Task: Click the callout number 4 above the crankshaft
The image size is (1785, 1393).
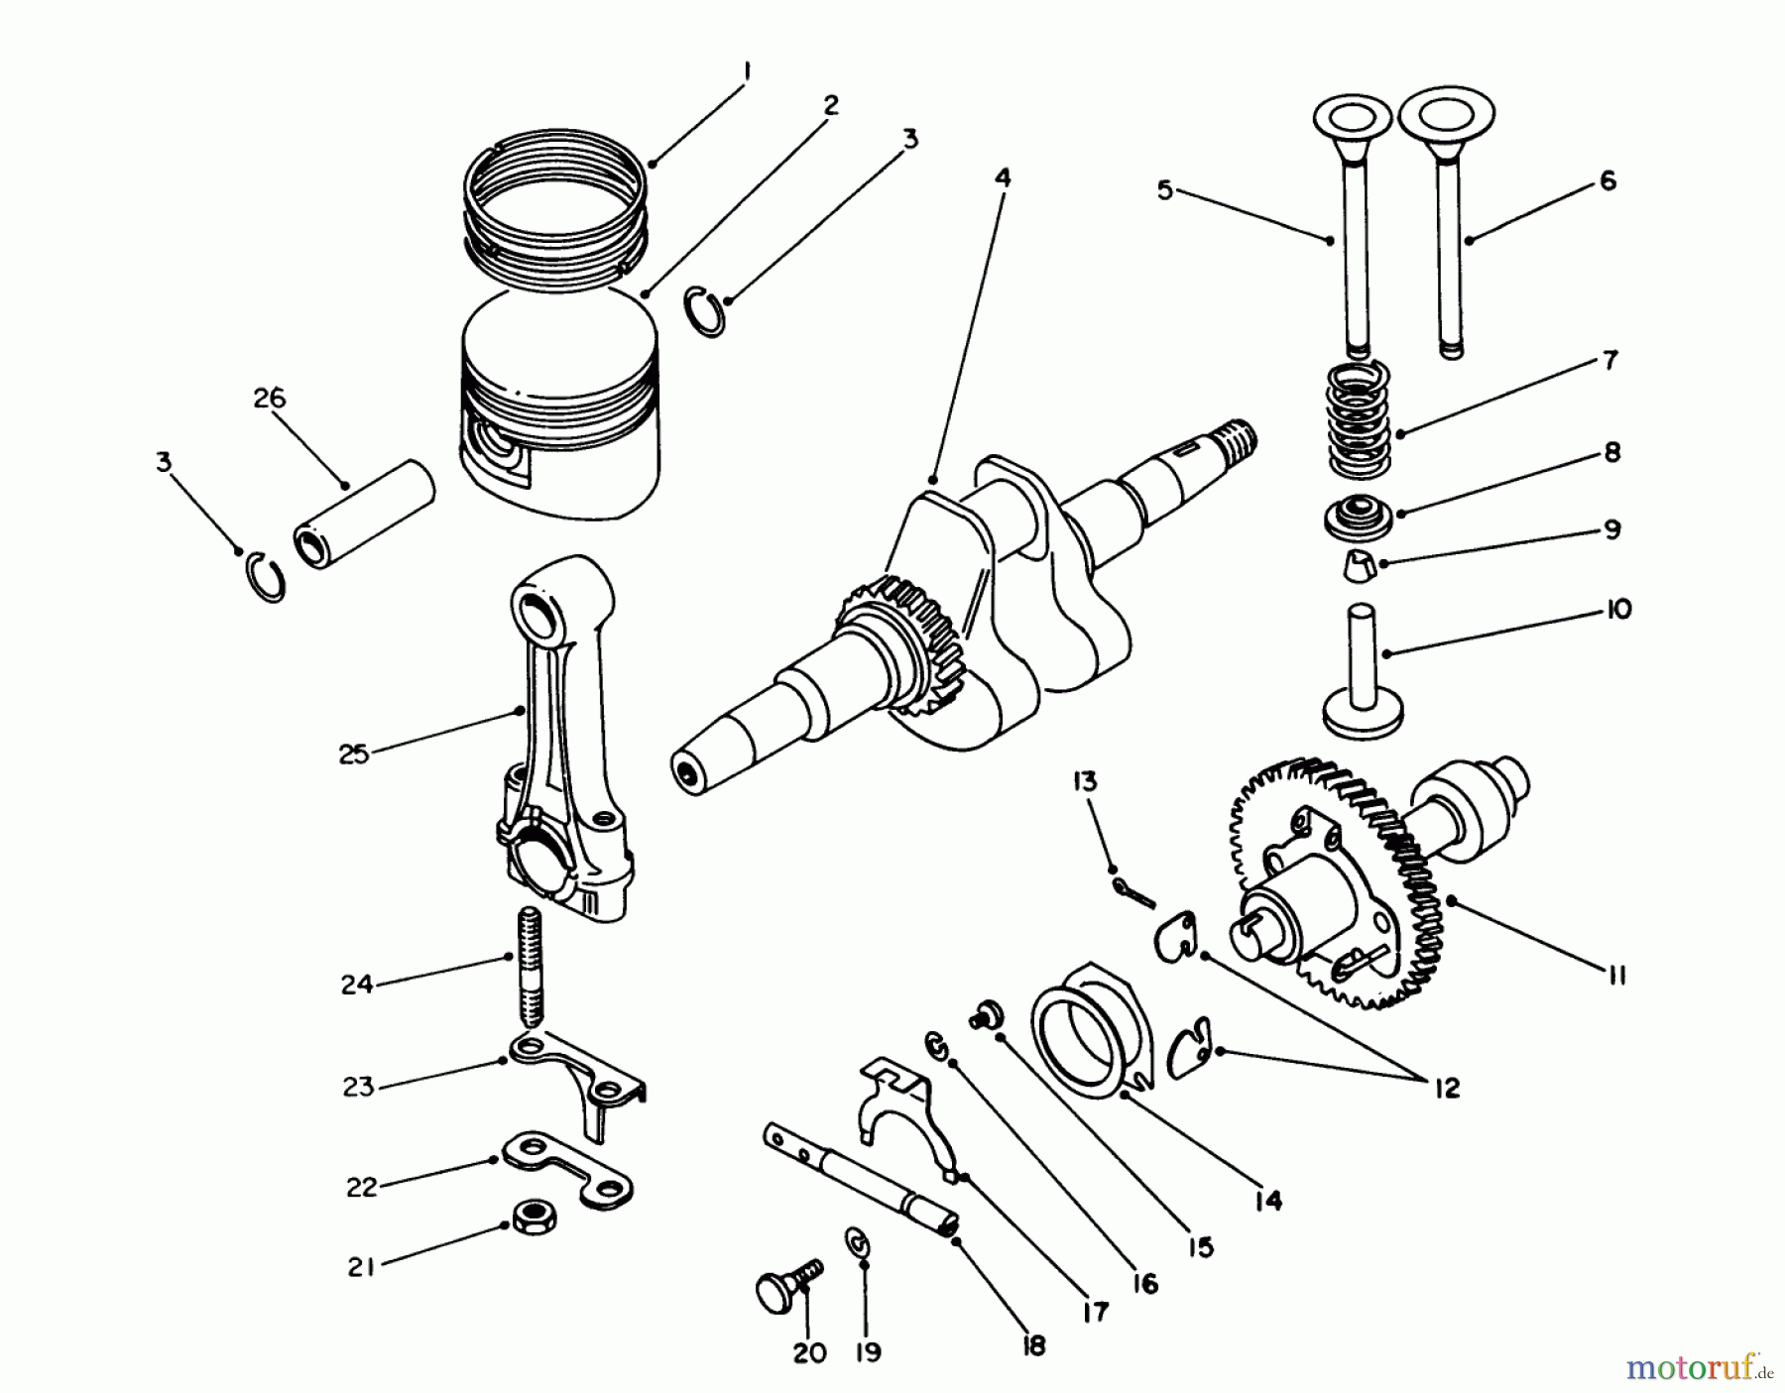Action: point(1003,178)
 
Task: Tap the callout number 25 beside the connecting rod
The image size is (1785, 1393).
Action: point(353,755)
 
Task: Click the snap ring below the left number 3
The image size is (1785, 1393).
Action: point(265,579)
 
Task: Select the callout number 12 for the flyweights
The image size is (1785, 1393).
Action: point(1447,1089)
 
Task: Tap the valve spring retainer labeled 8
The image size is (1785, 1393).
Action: point(1355,517)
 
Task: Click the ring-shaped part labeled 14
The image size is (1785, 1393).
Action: point(1086,1026)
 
